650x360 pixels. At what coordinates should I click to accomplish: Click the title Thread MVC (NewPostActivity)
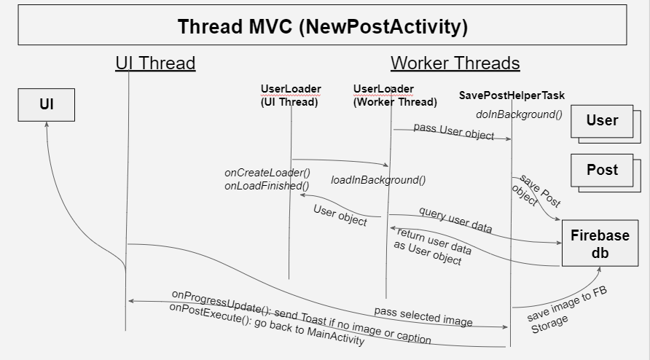pyautogui.click(x=322, y=26)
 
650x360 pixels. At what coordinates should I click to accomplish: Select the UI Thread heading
pyautogui.click(x=155, y=63)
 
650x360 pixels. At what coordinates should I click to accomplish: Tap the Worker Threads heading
pyautogui.click(x=455, y=63)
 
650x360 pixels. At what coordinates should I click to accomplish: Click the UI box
pyautogui.click(x=46, y=105)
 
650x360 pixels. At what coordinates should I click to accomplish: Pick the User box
pyautogui.click(x=601, y=120)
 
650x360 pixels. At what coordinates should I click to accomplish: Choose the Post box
pyautogui.click(x=601, y=170)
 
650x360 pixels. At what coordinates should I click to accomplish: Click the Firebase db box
pyautogui.click(x=599, y=243)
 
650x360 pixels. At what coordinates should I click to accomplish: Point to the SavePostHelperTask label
pyautogui.click(x=512, y=95)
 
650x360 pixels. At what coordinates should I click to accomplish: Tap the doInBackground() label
pyautogui.click(x=519, y=114)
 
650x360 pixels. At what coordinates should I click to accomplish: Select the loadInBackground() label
pyautogui.click(x=378, y=180)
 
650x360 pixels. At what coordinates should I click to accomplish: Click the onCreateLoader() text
pyautogui.click(x=267, y=173)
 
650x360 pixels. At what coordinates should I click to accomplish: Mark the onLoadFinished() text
pyautogui.click(x=267, y=185)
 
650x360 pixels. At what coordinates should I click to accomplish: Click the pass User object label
pyautogui.click(x=453, y=131)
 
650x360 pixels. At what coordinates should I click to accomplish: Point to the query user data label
pyautogui.click(x=455, y=219)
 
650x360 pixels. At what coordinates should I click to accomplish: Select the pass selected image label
pyautogui.click(x=423, y=316)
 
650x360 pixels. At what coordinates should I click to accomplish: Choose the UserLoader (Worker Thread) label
pyautogui.click(x=395, y=95)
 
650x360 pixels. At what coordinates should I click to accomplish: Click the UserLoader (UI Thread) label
pyautogui.click(x=290, y=95)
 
